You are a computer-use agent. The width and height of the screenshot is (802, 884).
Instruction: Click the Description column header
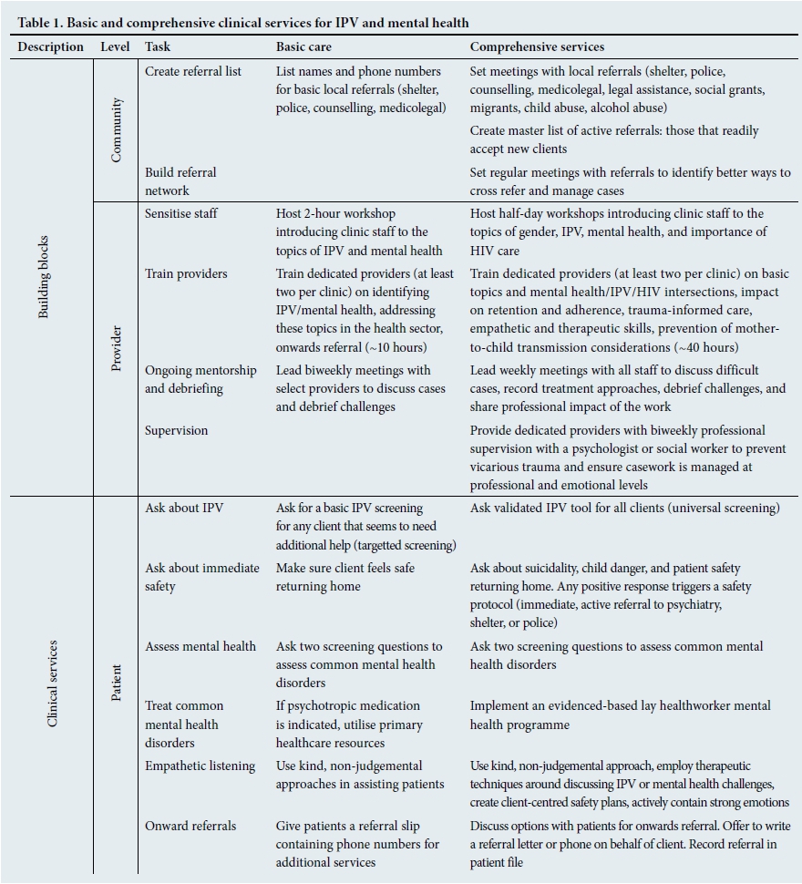tap(51, 46)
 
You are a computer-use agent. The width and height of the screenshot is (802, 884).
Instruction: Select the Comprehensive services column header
tap(537, 46)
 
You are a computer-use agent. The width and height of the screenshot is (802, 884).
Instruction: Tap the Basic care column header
tap(303, 46)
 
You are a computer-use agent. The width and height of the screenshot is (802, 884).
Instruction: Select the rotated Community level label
tap(116, 129)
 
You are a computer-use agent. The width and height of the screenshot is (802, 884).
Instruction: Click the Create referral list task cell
tap(193, 71)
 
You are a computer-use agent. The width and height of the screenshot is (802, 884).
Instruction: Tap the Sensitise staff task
tap(181, 213)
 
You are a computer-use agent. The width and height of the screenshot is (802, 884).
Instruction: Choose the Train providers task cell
tap(186, 273)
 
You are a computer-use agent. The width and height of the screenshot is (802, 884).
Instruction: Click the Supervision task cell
tap(177, 430)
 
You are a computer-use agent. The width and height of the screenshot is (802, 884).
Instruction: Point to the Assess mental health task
tap(200, 646)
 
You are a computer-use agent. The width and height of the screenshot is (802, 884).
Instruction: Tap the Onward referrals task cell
tap(190, 826)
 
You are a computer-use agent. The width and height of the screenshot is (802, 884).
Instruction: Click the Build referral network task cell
tap(180, 180)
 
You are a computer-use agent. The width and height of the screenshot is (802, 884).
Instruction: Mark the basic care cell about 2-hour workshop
tap(365, 231)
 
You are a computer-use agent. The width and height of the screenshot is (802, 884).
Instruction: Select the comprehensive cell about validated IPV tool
tap(624, 508)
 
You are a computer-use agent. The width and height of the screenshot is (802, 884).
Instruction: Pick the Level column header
tap(115, 46)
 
